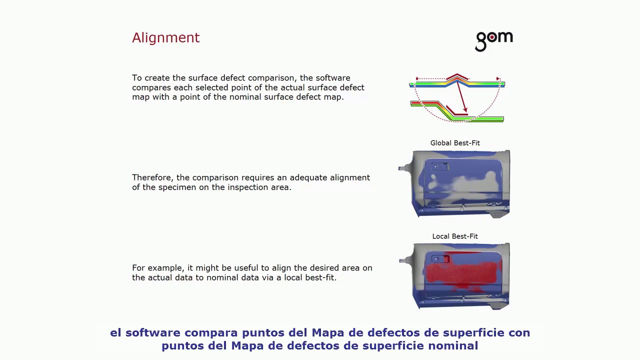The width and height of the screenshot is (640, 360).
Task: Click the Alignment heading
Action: [165, 38]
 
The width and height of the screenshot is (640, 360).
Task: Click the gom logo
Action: [493, 40]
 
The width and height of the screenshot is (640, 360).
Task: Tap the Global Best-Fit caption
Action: [455, 143]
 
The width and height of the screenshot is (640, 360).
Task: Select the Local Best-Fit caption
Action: [455, 236]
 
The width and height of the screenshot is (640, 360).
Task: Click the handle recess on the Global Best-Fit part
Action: [440, 166]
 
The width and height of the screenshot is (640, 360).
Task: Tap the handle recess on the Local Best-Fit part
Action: [441, 259]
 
